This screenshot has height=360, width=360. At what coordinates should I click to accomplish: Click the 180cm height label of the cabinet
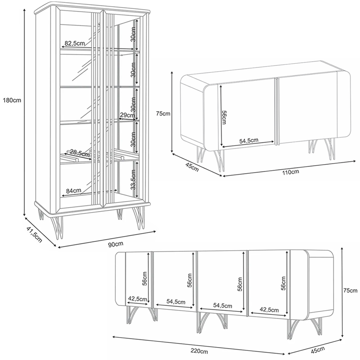coord(12,100)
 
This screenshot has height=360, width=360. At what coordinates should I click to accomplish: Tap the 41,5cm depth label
coord(35,234)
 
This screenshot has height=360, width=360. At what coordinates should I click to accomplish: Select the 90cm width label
coord(116,244)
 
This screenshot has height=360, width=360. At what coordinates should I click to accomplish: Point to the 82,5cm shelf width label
coord(75,43)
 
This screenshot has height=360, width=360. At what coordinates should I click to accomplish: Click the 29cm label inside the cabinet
coord(127,115)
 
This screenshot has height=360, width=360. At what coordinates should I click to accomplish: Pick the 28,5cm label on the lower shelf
coord(80,153)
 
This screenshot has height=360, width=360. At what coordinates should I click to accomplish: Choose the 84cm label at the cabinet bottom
coord(73,190)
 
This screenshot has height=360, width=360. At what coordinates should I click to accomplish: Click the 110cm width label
coord(291,172)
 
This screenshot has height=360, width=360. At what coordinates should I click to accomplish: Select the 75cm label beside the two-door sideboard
coord(163,113)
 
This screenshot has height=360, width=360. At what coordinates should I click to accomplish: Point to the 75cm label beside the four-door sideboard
coord(351,291)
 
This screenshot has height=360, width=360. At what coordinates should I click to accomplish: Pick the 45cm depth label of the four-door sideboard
coord(318,350)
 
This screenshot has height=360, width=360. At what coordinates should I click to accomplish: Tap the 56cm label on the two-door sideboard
coord(224,117)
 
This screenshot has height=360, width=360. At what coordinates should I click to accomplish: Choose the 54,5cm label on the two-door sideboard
coord(249,140)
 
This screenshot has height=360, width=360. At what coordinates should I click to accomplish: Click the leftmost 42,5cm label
coord(137,299)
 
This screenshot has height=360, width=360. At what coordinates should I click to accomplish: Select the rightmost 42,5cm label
coord(269,310)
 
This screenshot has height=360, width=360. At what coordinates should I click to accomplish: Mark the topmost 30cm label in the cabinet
coord(133,34)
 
